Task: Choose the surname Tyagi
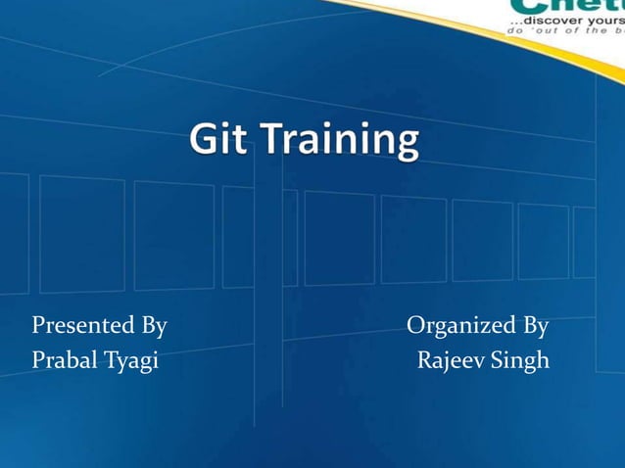click(x=129, y=362)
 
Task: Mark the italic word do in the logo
click(x=513, y=30)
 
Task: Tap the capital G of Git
click(x=203, y=143)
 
